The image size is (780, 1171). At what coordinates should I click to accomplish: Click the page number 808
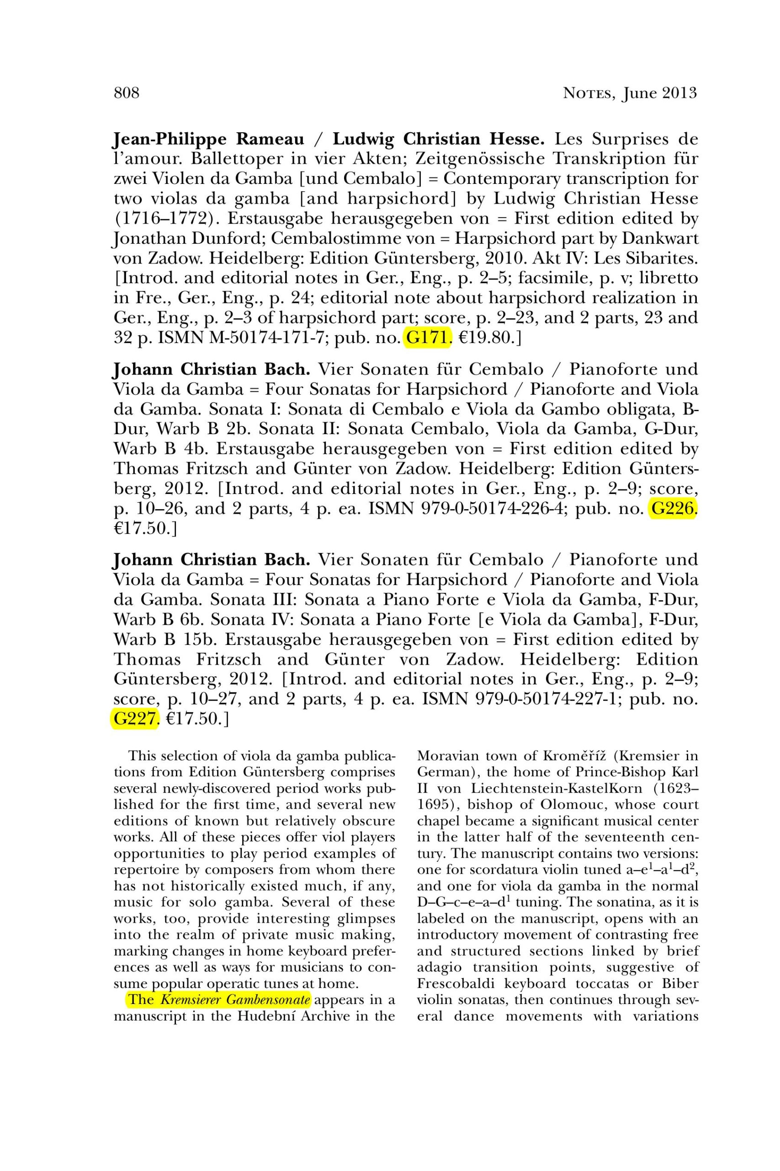pos(127,93)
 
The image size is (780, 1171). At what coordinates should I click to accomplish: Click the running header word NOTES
pos(589,94)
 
